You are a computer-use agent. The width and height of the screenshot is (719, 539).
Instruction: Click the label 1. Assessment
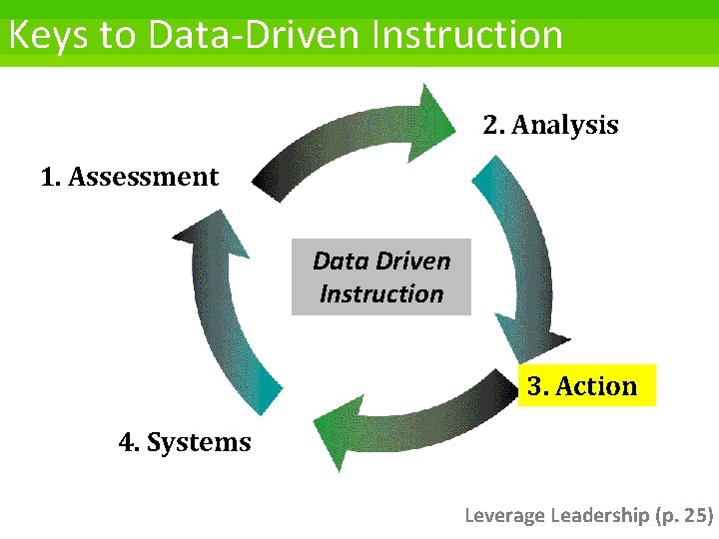coord(129,178)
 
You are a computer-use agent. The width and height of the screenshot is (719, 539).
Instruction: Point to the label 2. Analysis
coord(550,126)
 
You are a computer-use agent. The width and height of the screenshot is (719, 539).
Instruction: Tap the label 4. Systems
coord(185,442)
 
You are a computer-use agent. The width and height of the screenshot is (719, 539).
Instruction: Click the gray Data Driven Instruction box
coord(380,276)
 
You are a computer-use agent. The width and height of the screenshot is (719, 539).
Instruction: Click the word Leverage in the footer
coord(505,515)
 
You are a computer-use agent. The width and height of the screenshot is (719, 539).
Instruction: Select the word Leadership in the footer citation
coord(599,515)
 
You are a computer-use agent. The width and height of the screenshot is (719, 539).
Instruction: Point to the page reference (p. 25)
coord(684,515)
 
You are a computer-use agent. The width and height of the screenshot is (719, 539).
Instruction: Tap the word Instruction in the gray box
coord(380,294)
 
